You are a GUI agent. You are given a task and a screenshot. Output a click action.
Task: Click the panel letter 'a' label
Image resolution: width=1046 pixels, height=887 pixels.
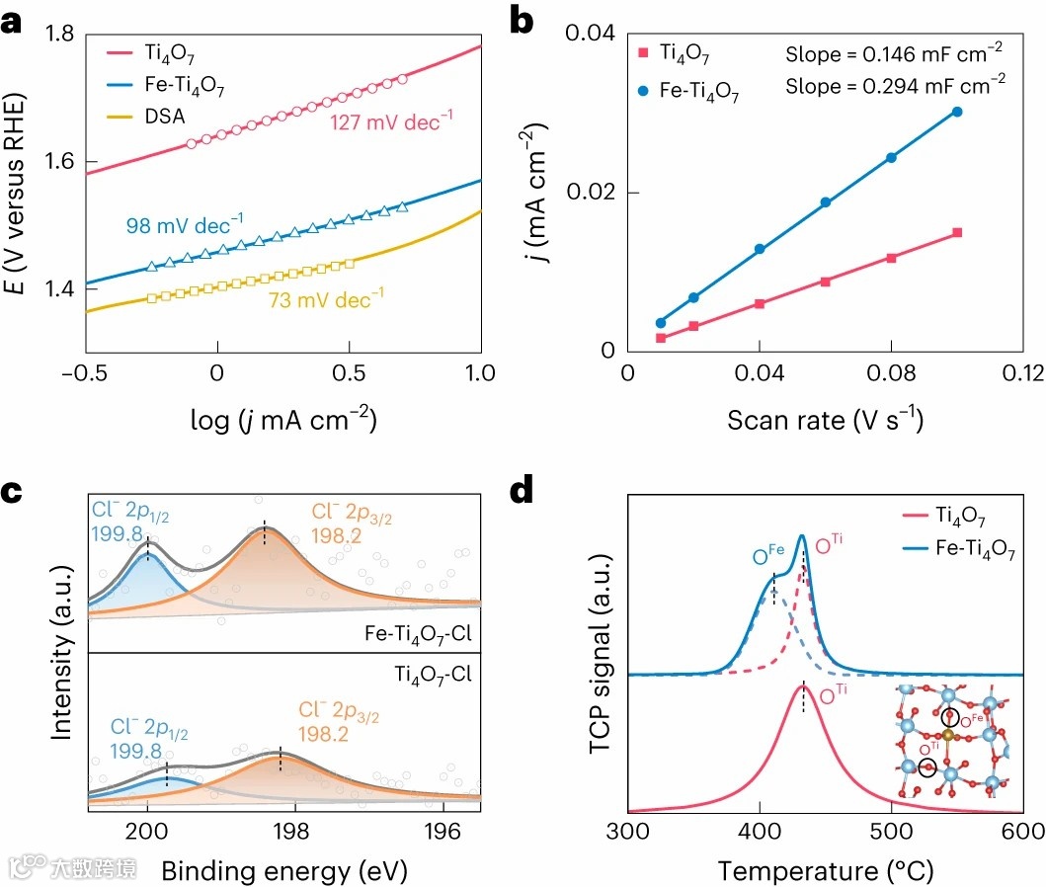(x=14, y=21)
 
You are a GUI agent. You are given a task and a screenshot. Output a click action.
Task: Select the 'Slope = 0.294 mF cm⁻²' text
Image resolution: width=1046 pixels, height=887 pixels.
(x=896, y=86)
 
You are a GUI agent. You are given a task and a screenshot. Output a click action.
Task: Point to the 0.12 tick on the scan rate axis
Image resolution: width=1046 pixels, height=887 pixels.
(x=1022, y=372)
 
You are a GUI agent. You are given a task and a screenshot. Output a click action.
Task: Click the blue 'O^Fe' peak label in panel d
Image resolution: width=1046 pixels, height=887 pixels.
(x=764, y=559)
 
